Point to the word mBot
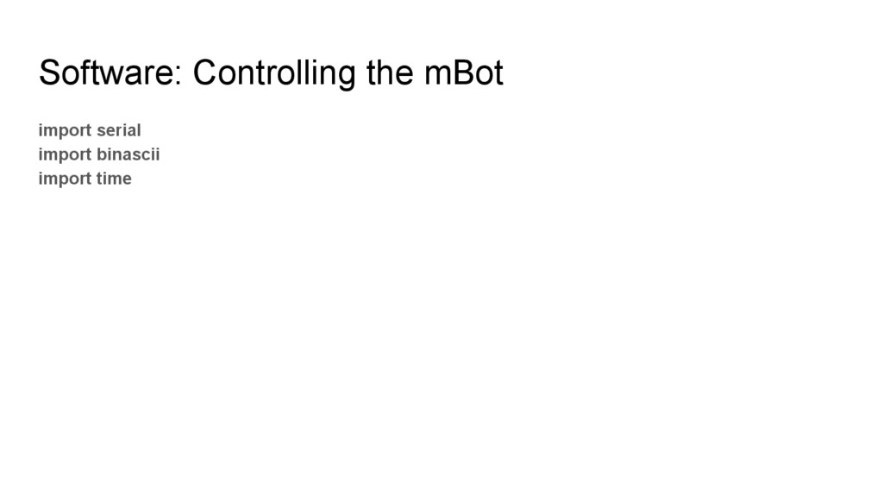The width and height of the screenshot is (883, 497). (463, 74)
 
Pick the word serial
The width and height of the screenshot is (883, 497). (118, 130)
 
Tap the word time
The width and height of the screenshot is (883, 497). (114, 179)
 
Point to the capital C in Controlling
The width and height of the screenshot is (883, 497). (204, 74)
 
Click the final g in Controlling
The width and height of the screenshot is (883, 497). (348, 78)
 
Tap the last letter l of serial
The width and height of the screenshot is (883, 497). (138, 130)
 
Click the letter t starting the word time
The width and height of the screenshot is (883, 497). (99, 179)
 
